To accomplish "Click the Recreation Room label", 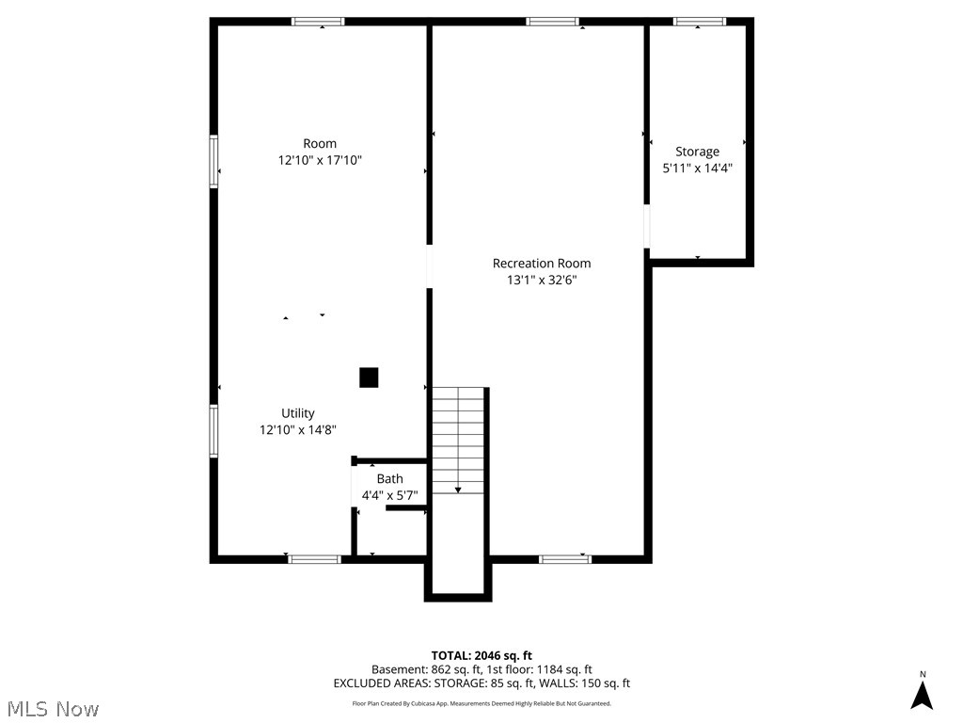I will click(x=542, y=264).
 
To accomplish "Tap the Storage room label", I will click(x=697, y=152).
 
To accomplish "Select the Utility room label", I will click(x=298, y=413).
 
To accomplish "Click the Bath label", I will click(x=389, y=479).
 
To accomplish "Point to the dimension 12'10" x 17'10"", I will click(x=320, y=161).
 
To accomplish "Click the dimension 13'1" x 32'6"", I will click(x=542, y=280).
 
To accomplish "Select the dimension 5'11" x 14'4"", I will click(x=697, y=169).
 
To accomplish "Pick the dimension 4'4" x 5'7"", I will click(x=389, y=495).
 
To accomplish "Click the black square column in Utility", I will click(x=369, y=378).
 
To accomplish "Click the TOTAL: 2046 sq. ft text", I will click(x=481, y=655).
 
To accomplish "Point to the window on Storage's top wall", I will click(x=700, y=22).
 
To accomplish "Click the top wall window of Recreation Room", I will click(x=552, y=22).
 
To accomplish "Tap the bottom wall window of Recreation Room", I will click(x=565, y=559).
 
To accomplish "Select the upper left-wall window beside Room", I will click(x=213, y=162).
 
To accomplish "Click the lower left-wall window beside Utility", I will click(x=213, y=431).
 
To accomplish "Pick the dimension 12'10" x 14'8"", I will click(x=298, y=430).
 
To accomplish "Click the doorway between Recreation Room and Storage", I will click(x=646, y=226).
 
